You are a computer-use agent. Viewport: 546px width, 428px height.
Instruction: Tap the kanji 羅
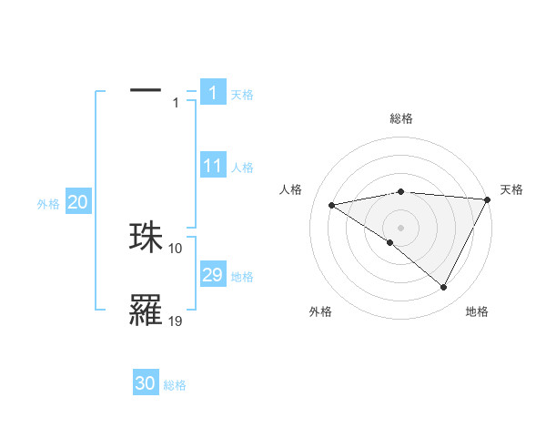[x=146, y=311]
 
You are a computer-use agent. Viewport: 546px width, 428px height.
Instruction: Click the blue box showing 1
[x=212, y=92]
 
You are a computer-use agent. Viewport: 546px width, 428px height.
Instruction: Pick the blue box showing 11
[x=212, y=166]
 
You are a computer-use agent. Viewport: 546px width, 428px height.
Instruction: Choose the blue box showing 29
[x=212, y=275]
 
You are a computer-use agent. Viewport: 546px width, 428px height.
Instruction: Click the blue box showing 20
[x=77, y=202]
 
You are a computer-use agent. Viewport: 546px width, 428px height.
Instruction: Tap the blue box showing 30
[x=146, y=383]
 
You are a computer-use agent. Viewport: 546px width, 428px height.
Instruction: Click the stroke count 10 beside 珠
[x=176, y=248]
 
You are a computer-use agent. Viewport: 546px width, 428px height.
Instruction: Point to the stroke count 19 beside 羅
[x=176, y=321]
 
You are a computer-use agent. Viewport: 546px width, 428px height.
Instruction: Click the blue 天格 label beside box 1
[x=242, y=94]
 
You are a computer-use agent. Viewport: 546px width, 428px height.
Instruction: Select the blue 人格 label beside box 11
[x=242, y=168]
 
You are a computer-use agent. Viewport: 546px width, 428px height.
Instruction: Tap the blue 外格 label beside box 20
[x=48, y=204]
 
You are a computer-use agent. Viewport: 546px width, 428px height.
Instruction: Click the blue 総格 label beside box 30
[x=175, y=385]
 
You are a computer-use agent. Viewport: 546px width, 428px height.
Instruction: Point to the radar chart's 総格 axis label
[x=400, y=118]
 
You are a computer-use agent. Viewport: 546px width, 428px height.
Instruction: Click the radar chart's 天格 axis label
[x=511, y=189]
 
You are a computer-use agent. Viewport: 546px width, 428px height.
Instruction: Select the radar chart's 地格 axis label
[x=477, y=311]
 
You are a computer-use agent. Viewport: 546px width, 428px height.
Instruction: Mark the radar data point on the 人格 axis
[x=332, y=205]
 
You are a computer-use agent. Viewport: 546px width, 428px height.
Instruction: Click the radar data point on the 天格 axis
[x=488, y=199]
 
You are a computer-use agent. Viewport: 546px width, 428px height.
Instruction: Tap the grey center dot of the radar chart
[x=400, y=227]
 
